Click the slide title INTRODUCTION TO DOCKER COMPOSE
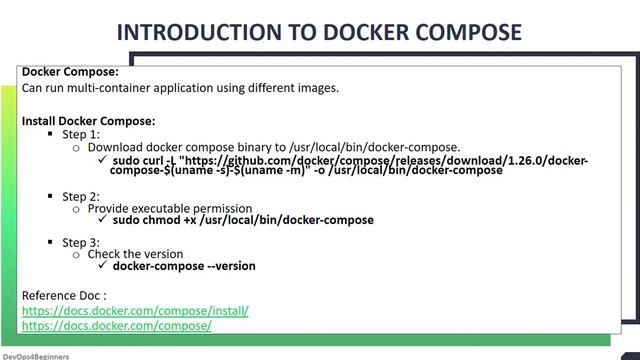(x=319, y=32)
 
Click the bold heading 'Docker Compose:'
(x=70, y=72)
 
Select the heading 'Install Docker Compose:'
(x=88, y=121)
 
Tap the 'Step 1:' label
(x=81, y=134)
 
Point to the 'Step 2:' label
(x=81, y=196)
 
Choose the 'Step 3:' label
(x=81, y=243)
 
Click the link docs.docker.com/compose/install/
(x=135, y=311)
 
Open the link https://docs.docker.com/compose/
(x=116, y=326)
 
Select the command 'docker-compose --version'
(x=184, y=266)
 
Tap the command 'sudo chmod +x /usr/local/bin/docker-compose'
(x=243, y=220)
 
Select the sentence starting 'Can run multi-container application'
(x=180, y=88)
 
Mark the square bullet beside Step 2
(x=50, y=196)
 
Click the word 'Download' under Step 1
(x=117, y=147)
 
